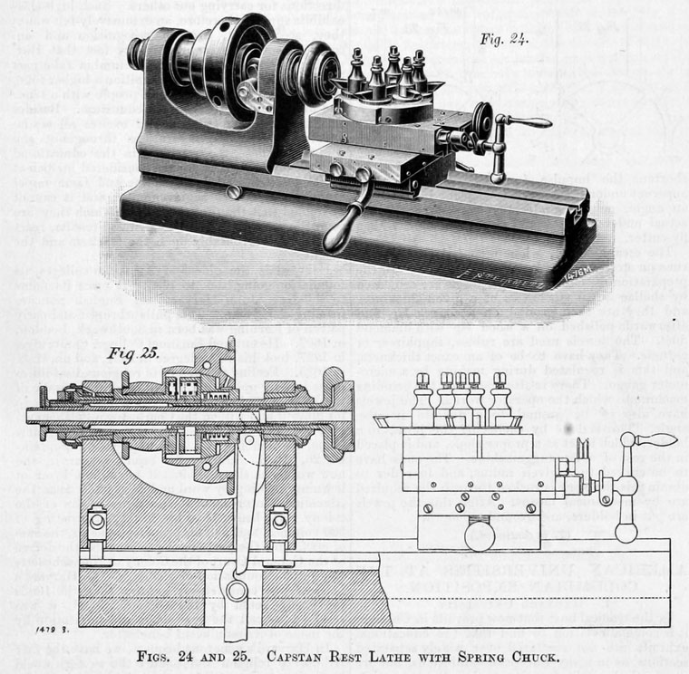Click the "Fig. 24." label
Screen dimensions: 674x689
[504, 40]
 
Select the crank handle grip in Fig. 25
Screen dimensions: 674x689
[655, 440]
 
